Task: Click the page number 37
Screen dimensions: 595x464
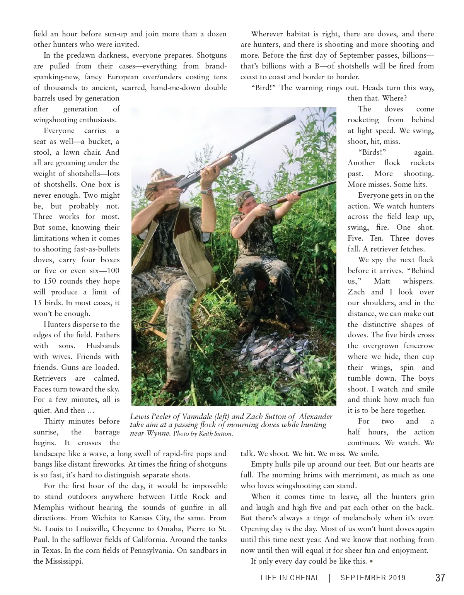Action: click(x=440, y=578)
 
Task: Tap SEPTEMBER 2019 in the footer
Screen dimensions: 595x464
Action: click(x=373, y=578)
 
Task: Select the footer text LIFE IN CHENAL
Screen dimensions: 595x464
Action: click(x=290, y=578)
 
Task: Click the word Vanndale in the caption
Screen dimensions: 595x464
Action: click(x=200, y=417)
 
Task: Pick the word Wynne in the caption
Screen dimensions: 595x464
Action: click(x=158, y=433)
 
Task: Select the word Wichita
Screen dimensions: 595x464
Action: click(x=104, y=518)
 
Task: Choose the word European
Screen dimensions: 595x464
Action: click(x=107, y=77)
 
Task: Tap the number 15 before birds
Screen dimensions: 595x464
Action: click(x=38, y=303)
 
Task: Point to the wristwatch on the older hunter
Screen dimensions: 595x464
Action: click(x=209, y=191)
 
